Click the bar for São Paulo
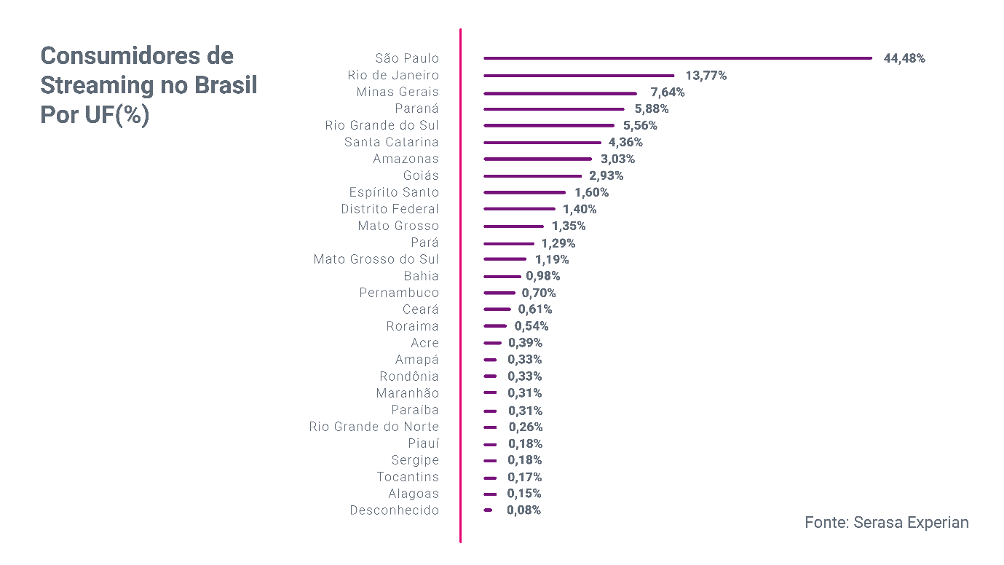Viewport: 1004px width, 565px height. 678,58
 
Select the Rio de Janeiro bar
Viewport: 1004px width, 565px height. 580,75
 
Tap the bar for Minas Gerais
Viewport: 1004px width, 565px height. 560,92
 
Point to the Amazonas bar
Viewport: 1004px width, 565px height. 538,159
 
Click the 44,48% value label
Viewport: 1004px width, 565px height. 904,58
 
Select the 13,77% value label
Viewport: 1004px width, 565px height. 706,75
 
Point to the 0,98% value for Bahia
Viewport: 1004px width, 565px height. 543,276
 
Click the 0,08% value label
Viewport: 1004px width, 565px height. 523,510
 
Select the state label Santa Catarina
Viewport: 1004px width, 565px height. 392,142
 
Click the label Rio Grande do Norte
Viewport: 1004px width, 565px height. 374,427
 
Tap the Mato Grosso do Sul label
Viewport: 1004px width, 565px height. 376,259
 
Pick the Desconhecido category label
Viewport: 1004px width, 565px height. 395,510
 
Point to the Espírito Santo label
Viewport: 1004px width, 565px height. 395,192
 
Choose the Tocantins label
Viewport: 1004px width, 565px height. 408,477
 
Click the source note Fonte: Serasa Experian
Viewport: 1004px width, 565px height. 887,523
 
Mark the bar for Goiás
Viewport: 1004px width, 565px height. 533,175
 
